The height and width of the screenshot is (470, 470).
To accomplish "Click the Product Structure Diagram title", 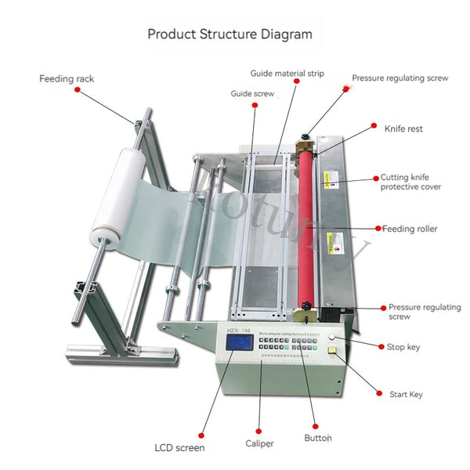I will click(230, 34).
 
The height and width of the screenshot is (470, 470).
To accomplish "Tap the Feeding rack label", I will click(67, 78).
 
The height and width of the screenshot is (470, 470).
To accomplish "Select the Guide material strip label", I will click(287, 74).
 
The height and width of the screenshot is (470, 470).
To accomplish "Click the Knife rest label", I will click(403, 128).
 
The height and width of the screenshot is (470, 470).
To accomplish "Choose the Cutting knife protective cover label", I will click(410, 182).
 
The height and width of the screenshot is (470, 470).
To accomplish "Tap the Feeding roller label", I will click(410, 229).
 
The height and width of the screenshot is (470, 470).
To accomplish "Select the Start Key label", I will click(406, 394).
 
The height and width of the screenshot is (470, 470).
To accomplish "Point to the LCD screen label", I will click(179, 448).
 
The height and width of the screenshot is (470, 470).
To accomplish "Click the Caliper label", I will click(258, 443).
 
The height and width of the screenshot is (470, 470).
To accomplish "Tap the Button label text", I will click(317, 438).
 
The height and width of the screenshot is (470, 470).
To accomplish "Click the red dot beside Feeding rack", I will click(77, 90).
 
